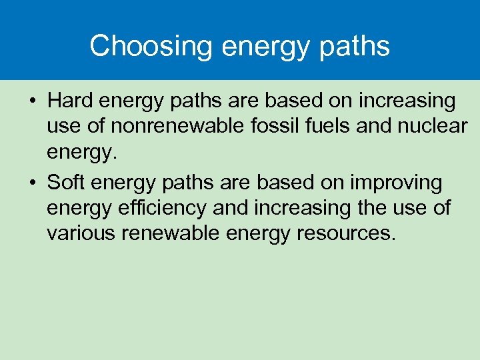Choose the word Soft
pos(68,183)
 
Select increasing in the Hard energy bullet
pos(407,101)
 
